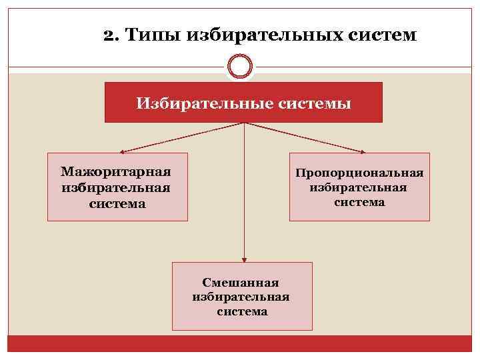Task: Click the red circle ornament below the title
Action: point(240,67)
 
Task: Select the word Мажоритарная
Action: point(117,173)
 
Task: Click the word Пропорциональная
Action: point(360,173)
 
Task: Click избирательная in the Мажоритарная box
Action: point(117,188)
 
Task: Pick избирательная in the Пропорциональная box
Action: point(359,187)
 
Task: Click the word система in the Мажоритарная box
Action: point(117,203)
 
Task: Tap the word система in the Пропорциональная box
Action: point(359,201)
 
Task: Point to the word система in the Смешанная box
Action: point(242,311)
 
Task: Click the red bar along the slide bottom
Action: point(240,343)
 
